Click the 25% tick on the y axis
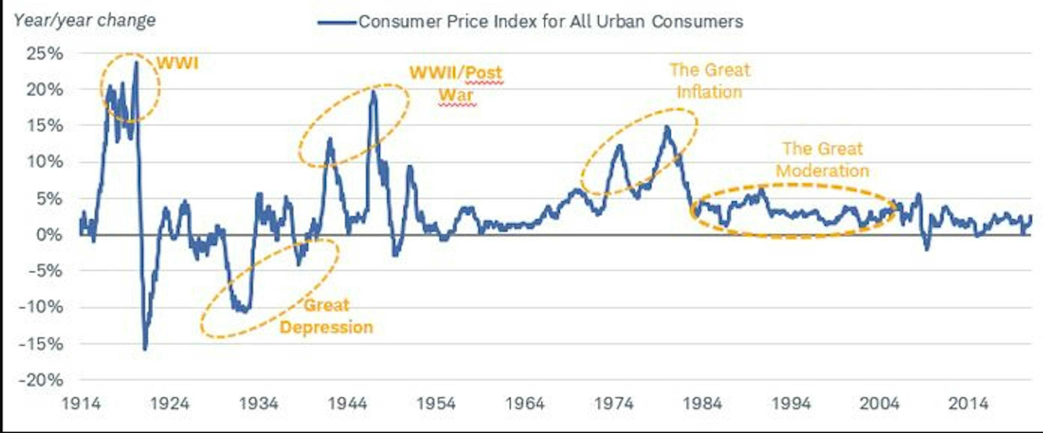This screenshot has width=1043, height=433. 45,54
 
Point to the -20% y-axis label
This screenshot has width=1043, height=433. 41,380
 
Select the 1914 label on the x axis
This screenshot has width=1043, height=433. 81,403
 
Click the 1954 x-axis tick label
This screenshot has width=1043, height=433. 436,403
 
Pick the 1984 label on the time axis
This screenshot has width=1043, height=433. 702,403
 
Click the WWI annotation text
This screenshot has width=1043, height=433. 177,63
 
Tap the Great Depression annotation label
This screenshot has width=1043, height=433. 326,316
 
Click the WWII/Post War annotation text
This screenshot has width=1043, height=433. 456,84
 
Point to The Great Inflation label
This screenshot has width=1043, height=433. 710,81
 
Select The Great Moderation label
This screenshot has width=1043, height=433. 822,159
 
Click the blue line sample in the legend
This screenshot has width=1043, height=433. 337,22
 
